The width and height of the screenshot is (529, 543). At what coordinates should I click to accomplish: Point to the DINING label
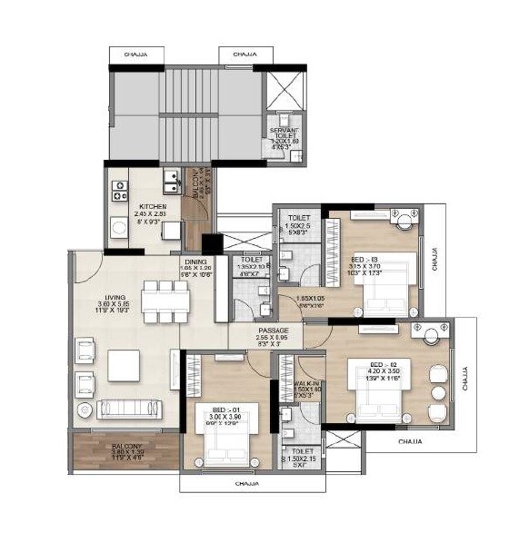click(x=195, y=262)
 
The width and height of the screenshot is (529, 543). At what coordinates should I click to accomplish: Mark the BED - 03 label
click(x=365, y=259)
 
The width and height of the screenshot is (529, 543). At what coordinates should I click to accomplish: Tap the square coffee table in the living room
click(x=124, y=364)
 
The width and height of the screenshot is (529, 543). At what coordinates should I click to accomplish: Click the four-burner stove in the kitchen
click(x=119, y=191)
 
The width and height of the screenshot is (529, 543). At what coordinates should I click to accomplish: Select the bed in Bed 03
click(x=383, y=291)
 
